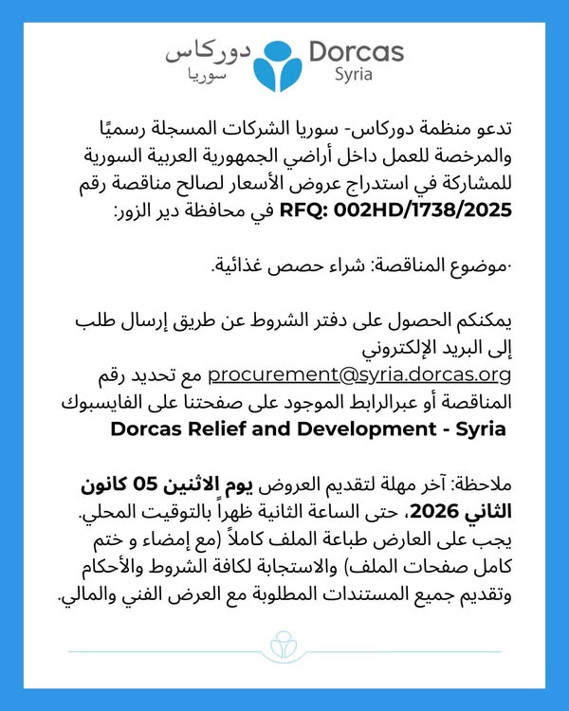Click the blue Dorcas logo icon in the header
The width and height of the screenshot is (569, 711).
coord(285,61)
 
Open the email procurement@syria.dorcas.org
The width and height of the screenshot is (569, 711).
coord(360,376)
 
